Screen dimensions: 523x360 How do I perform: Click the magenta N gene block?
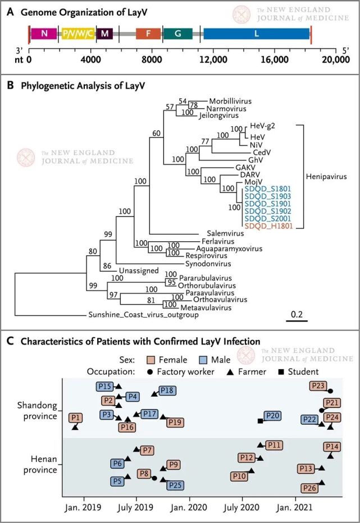tap(44, 33)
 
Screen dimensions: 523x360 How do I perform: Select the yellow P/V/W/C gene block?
tap(78, 33)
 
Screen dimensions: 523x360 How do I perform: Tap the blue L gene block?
tap(256, 33)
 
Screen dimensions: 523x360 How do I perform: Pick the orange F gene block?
tap(149, 33)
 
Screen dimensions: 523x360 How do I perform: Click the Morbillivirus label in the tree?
tap(230, 101)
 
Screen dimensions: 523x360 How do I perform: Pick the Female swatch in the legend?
tap(142, 359)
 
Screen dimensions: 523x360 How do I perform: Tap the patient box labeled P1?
tap(75, 418)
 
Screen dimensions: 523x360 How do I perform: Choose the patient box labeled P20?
tap(273, 416)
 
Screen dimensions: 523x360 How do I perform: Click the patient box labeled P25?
tap(175, 485)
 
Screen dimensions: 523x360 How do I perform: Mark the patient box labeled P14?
tap(332, 447)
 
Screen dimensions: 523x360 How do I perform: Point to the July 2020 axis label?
tap(243, 508)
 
